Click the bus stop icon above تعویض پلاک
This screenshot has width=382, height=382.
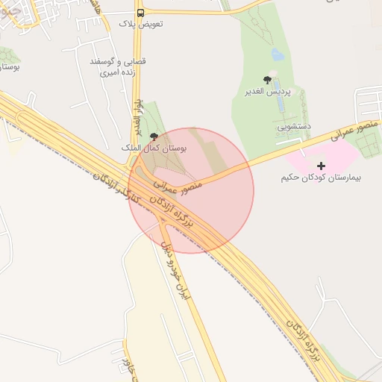(x=141, y=13)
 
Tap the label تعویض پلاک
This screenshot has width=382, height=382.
(x=141, y=24)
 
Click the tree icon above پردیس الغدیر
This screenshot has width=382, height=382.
(x=267, y=79)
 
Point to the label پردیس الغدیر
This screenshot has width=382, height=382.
(x=267, y=92)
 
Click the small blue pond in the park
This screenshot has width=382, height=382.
(x=278, y=54)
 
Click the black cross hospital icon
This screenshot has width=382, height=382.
(x=322, y=165)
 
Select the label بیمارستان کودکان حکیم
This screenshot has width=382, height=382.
(x=321, y=178)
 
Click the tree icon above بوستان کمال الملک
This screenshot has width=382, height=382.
(x=154, y=137)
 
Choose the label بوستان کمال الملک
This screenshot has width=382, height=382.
(x=154, y=148)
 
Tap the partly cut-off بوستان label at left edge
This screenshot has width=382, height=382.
(x=7, y=67)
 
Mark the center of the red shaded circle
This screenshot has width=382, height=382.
(x=191, y=191)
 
